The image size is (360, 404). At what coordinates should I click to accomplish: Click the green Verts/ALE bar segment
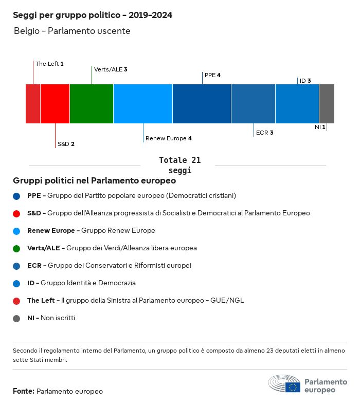(92, 104)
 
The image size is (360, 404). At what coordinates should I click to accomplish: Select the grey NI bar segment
(327, 104)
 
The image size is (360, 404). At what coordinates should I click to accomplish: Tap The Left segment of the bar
(33, 104)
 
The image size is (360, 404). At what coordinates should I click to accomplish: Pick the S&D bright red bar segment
(55, 104)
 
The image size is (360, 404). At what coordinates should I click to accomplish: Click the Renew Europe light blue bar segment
(143, 104)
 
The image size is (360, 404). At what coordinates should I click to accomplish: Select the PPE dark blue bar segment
(202, 104)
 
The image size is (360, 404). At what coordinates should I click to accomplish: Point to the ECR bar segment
(253, 104)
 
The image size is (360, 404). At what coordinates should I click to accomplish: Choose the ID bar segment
(297, 104)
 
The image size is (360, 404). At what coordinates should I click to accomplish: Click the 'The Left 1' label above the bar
(49, 64)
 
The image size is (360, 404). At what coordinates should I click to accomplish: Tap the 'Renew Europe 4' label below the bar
(169, 138)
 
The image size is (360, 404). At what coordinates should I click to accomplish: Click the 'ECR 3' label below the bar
(264, 133)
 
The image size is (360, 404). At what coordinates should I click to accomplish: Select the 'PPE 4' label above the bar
(212, 75)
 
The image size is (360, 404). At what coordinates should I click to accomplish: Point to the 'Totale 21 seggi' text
(179, 165)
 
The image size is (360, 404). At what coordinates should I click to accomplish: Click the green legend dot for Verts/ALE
(17, 248)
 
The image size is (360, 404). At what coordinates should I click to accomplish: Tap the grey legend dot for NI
(17, 318)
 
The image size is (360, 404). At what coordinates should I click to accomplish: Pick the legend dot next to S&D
(17, 213)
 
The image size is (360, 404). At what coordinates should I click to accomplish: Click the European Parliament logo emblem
(284, 384)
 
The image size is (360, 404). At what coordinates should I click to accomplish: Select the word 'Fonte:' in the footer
(23, 391)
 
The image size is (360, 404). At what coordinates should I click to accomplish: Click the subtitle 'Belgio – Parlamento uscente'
(72, 31)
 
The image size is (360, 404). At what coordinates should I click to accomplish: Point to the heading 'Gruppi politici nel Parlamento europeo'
(95, 180)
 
